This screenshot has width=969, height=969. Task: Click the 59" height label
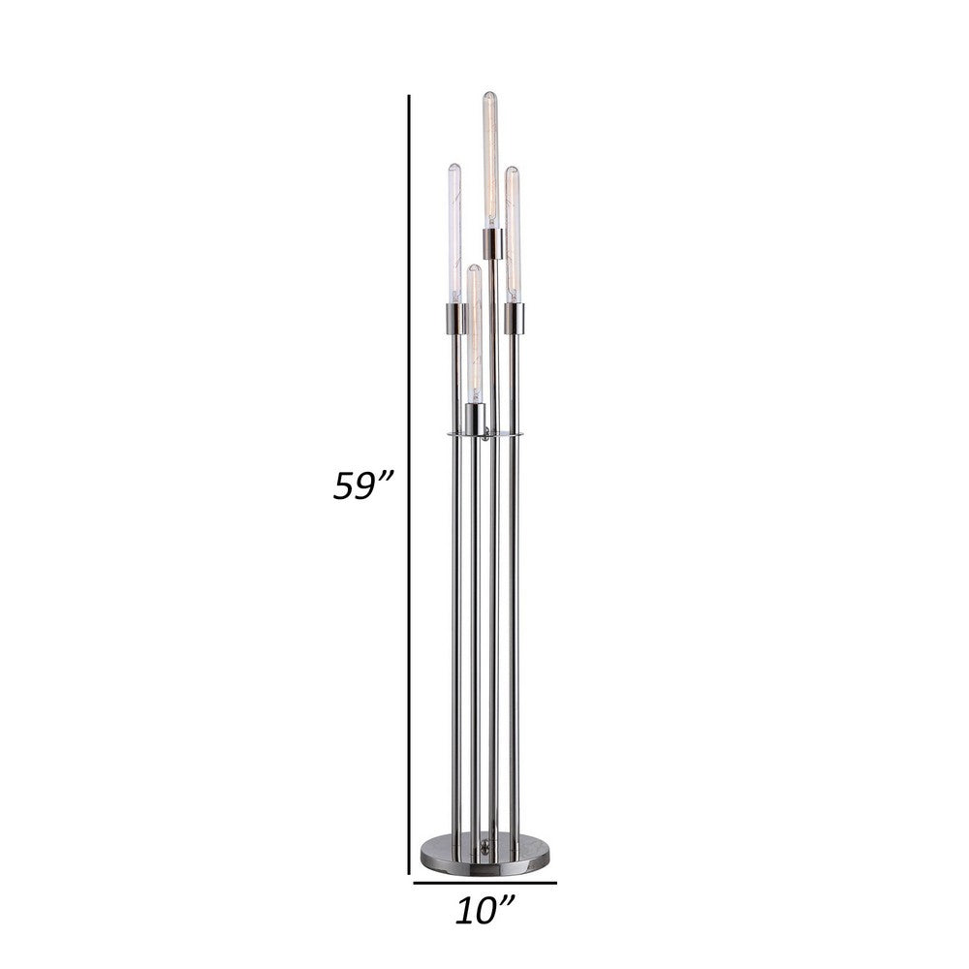(359, 484)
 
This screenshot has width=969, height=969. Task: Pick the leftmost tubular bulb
(453, 233)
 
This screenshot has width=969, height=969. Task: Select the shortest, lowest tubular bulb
(474, 334)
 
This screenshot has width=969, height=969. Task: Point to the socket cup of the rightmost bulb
(515, 317)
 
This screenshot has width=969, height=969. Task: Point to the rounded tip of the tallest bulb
(491, 94)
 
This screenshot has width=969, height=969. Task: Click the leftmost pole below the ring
(454, 630)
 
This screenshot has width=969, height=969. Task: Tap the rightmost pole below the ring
(515, 630)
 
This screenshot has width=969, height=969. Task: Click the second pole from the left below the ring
(474, 630)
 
